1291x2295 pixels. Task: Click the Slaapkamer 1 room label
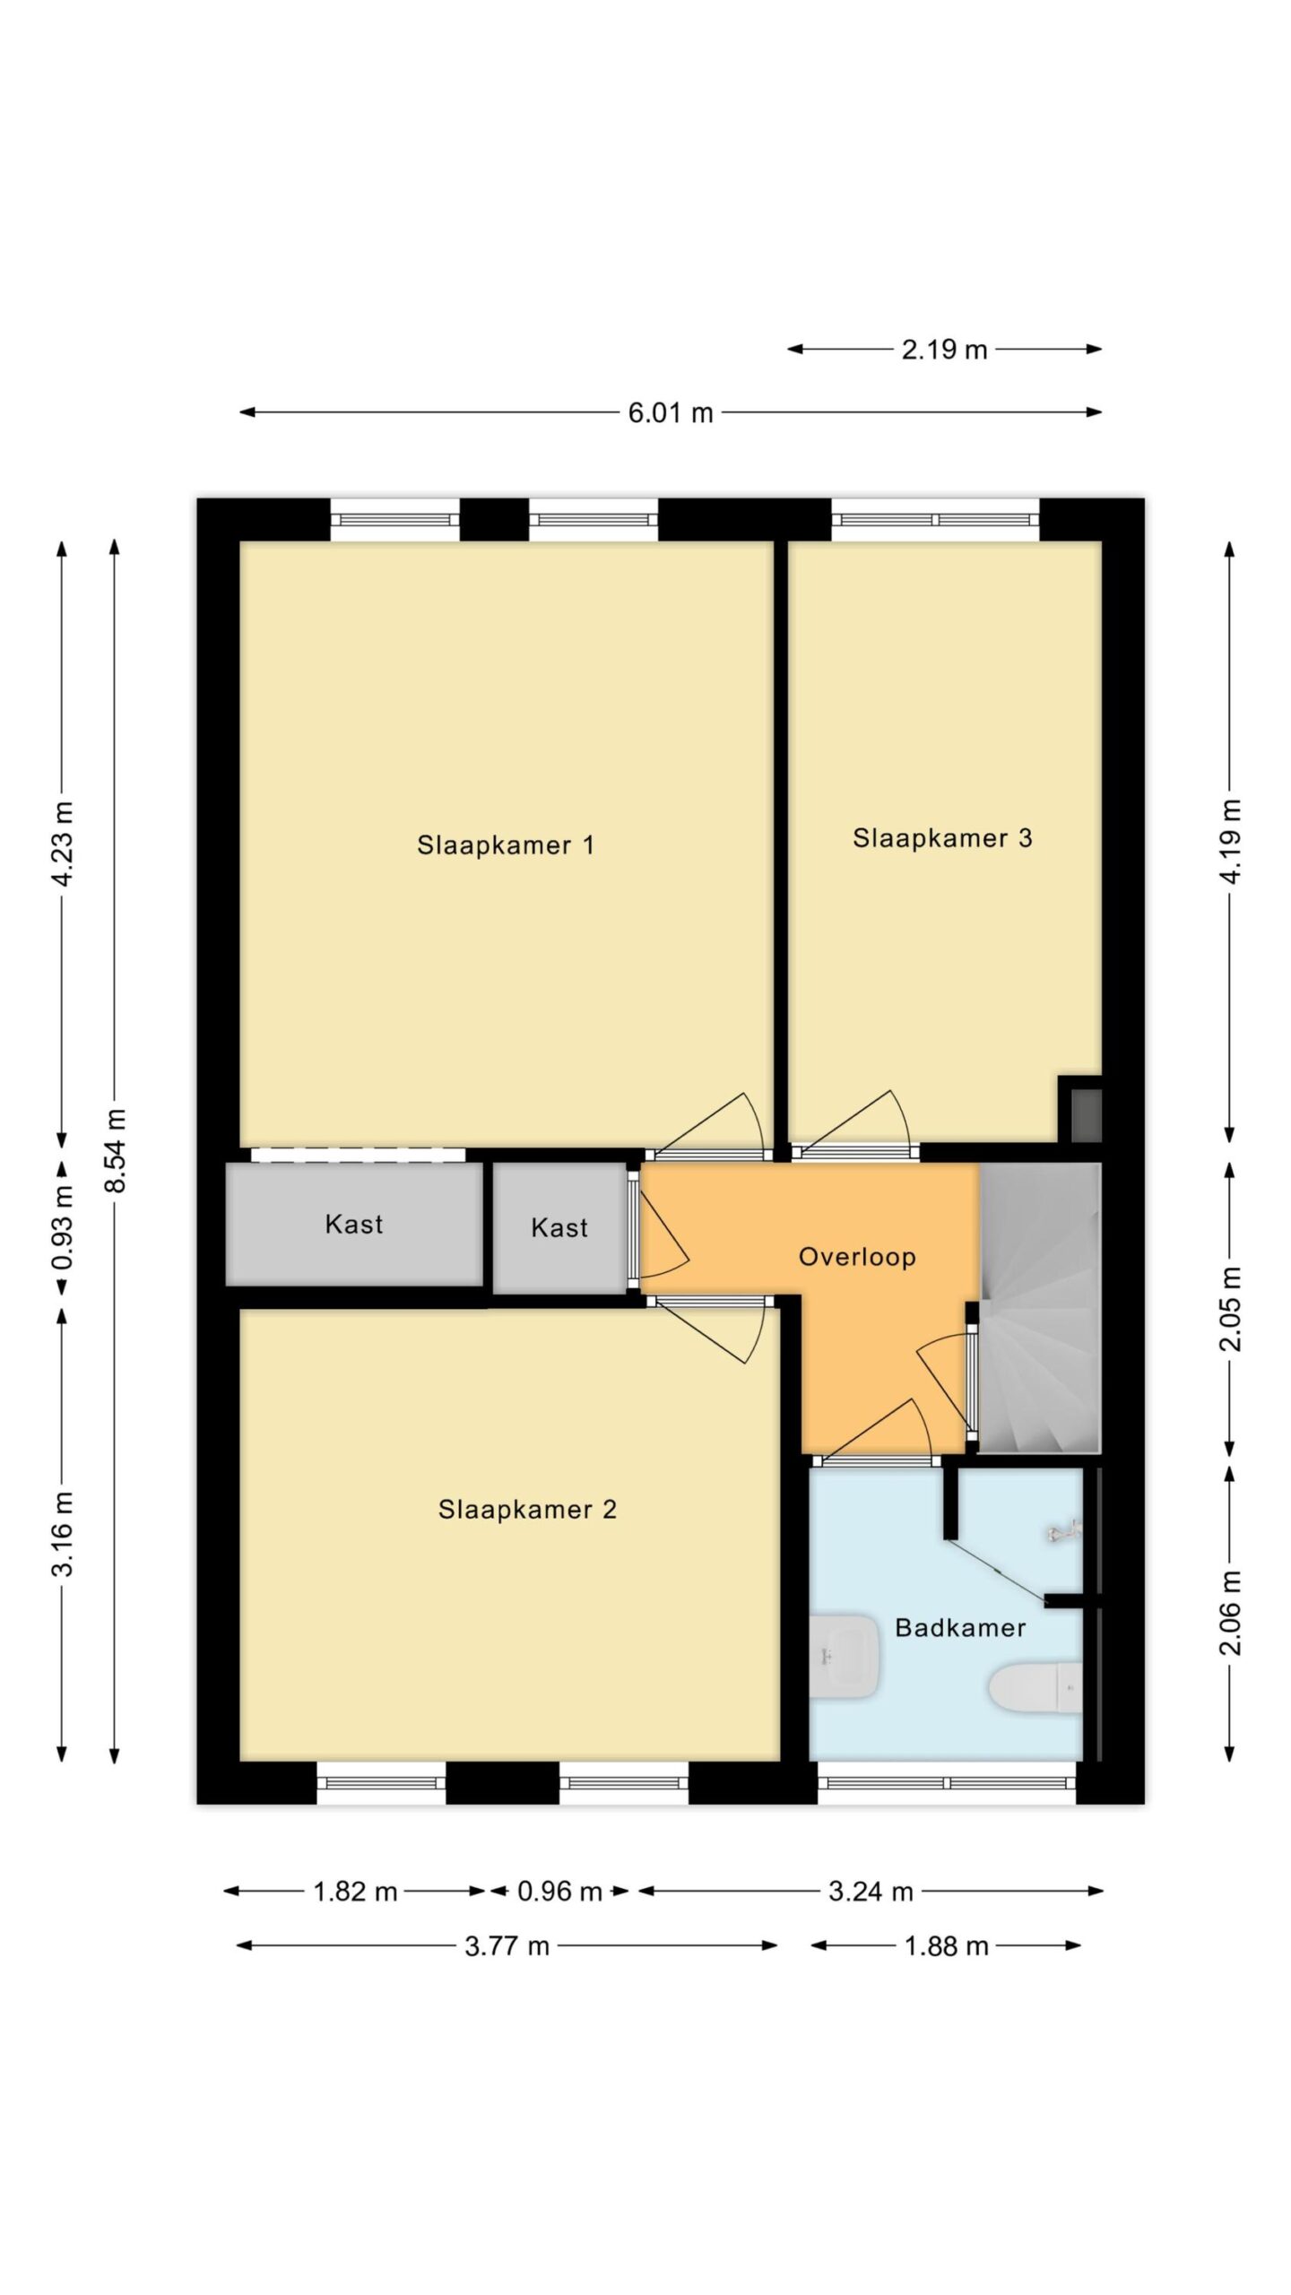(506, 844)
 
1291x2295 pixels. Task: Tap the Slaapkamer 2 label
(527, 1510)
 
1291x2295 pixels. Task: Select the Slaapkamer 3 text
(942, 837)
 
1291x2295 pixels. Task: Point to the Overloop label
(857, 1257)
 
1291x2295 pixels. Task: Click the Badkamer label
(960, 1627)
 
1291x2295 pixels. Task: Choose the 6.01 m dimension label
(671, 413)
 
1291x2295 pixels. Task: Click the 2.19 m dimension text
(944, 350)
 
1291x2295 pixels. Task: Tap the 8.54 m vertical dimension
(116, 1151)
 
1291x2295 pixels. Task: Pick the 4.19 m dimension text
(1231, 842)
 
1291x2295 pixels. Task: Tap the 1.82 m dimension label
(355, 1892)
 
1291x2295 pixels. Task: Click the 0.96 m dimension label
(559, 1892)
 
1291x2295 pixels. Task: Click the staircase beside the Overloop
(1039, 1307)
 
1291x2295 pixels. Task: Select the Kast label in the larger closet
(354, 1224)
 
